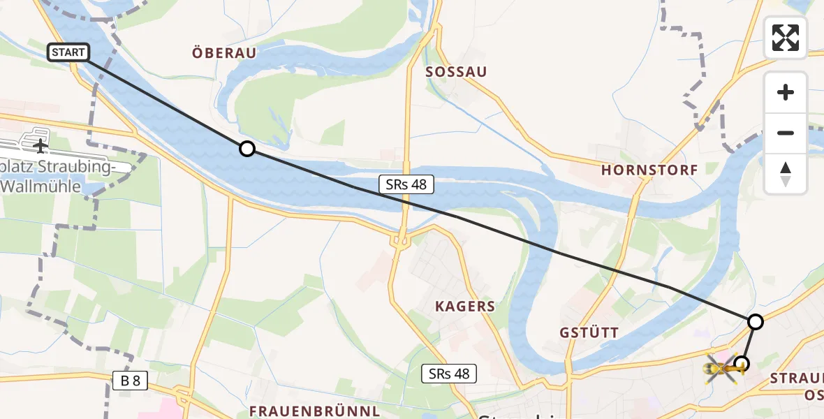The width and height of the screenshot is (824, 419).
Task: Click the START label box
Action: pos(68,52)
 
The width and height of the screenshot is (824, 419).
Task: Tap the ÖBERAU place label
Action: pos(223,52)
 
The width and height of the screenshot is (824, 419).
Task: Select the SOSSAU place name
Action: pos(456,72)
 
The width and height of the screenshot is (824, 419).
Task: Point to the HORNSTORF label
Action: pos(649,170)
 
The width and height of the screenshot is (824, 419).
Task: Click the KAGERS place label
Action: pos(465,307)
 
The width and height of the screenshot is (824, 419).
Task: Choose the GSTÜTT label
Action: pos(589,332)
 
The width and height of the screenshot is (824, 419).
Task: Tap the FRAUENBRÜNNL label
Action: pos(314,410)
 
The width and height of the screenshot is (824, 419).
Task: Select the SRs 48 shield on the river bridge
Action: pos(406,184)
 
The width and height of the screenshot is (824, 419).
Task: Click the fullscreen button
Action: pos(786,38)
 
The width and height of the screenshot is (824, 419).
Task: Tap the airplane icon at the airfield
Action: pos(41,146)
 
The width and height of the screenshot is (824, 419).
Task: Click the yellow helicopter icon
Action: pos(723,367)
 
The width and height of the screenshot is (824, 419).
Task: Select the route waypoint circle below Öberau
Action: pos(247,148)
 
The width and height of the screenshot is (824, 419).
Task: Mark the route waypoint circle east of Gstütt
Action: pos(755,321)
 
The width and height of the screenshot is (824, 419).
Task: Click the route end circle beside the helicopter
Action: pos(742,363)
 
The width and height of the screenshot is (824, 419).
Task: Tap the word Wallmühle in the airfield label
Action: pos(46,186)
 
